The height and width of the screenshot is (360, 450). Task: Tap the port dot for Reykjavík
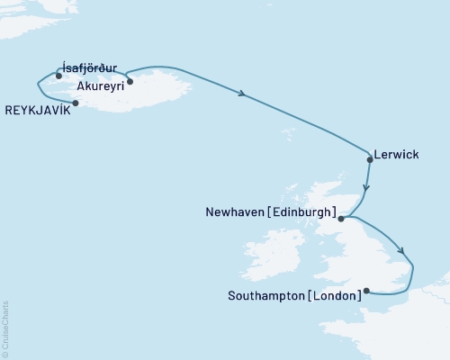[x=76, y=103]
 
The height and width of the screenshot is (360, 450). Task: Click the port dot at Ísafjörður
[x=58, y=76]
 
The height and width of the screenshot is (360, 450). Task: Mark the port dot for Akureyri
[x=130, y=82]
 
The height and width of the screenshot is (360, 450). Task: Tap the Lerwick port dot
[x=370, y=159]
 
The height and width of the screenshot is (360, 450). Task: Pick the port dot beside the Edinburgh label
[x=341, y=217]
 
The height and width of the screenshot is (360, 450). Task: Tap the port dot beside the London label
[x=365, y=291]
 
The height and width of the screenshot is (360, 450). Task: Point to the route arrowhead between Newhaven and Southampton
[x=401, y=252]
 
